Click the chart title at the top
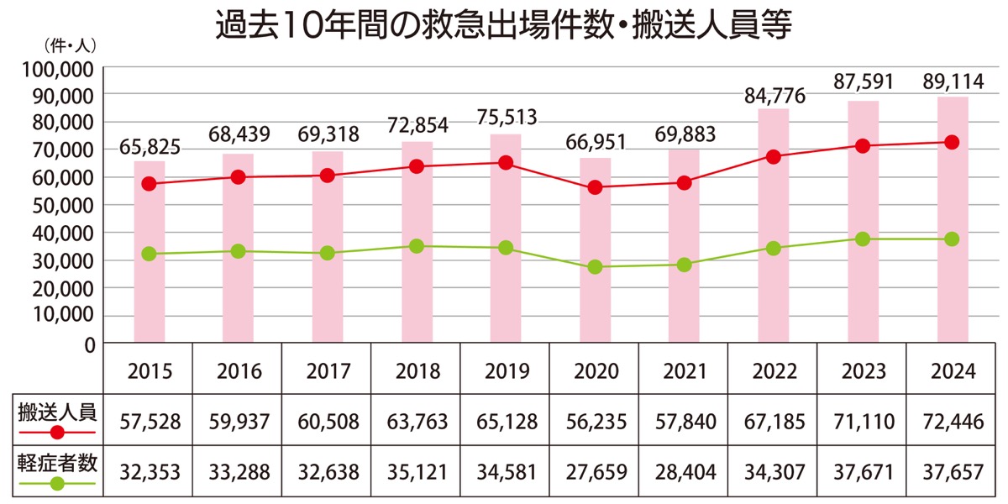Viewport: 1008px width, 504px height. point(504,25)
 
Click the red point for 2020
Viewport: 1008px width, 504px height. point(595,187)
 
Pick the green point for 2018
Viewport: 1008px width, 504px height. point(416,246)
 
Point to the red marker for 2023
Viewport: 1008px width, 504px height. point(863,145)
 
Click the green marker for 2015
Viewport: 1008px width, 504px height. point(149,254)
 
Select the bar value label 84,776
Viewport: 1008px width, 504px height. point(774,96)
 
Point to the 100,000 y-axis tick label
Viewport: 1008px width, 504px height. point(59,68)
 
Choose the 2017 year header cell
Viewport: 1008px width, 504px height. point(327,371)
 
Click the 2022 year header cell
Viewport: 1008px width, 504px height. point(774,371)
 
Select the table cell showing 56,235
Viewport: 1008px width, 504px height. point(595,422)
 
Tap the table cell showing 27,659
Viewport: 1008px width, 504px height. point(595,472)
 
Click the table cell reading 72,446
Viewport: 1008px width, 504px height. point(952,422)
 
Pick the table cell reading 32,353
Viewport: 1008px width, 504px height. point(149,472)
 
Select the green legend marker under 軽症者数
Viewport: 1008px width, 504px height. point(57,484)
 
